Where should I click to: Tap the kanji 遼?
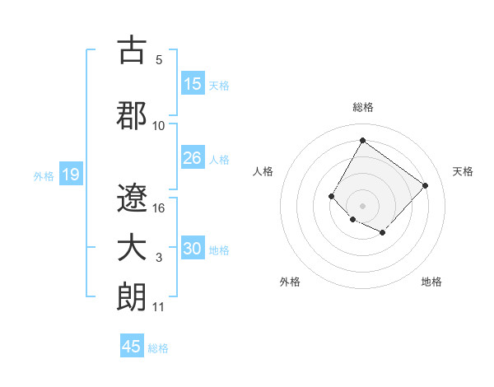click(x=132, y=196)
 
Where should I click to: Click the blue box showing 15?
click(x=193, y=84)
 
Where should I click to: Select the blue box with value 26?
click(x=193, y=158)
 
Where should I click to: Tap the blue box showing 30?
click(x=193, y=249)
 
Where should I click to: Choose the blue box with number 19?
click(x=70, y=175)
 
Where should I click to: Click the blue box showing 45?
click(x=132, y=347)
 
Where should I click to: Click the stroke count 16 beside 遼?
click(x=160, y=207)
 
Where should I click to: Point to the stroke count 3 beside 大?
click(x=159, y=258)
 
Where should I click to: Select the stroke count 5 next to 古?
click(x=159, y=59)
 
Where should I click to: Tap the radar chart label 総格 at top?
click(x=362, y=107)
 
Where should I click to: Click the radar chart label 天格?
click(x=463, y=171)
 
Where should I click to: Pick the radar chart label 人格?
click(x=263, y=171)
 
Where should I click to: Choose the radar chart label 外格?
click(x=290, y=282)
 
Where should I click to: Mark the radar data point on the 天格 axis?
click(x=425, y=185)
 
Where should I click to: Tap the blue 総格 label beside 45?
click(x=158, y=348)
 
